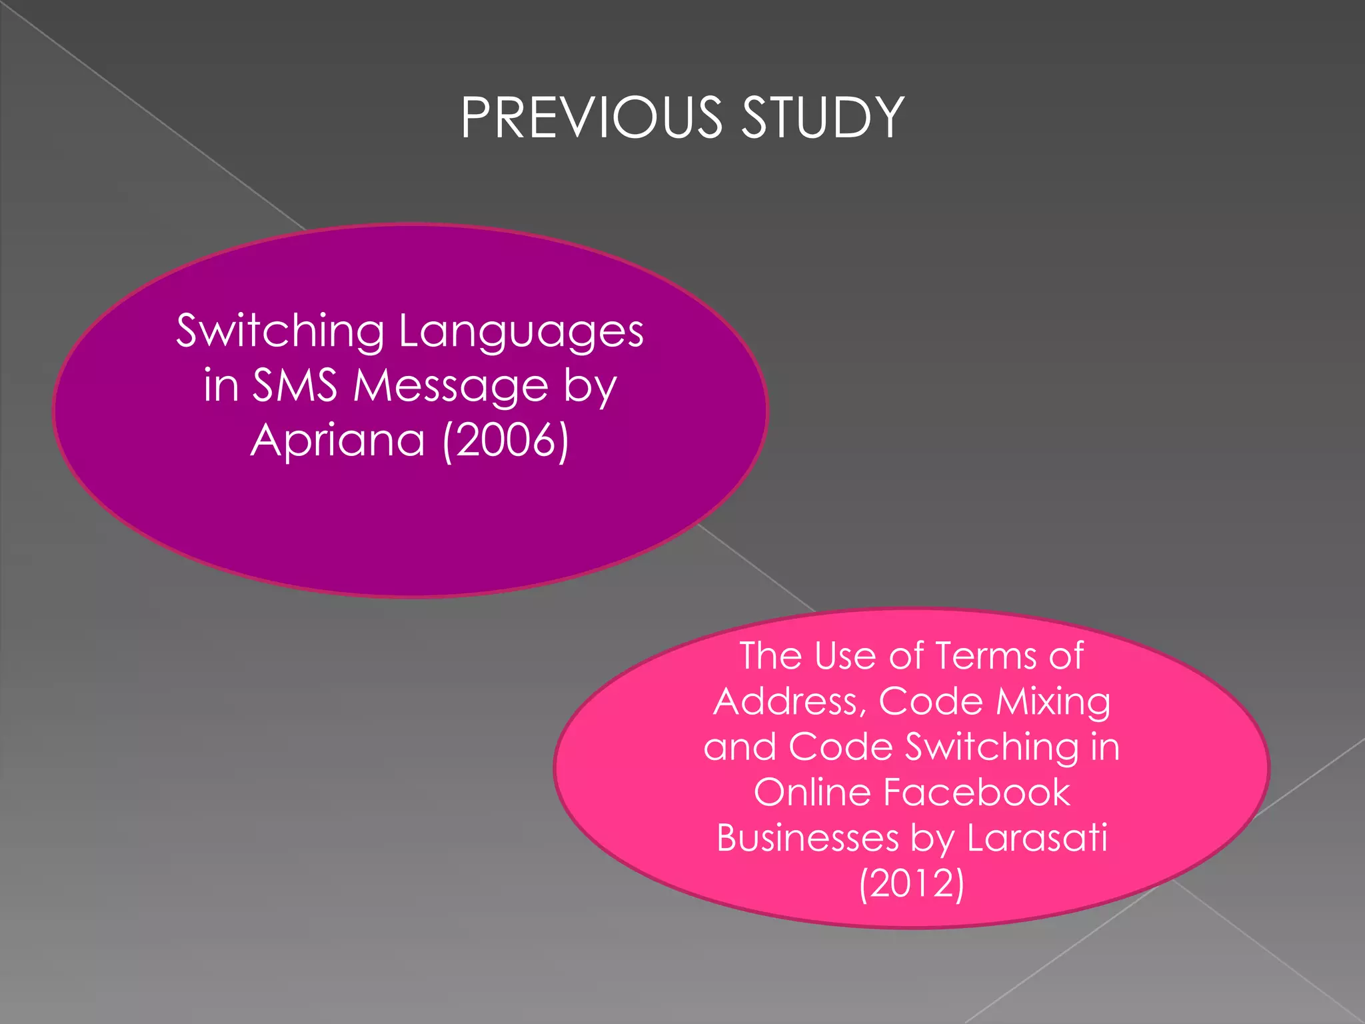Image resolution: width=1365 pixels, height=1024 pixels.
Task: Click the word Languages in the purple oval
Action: tap(521, 331)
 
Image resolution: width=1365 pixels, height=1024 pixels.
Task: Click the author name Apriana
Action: tap(337, 440)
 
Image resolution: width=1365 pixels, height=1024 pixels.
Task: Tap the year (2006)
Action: tap(506, 440)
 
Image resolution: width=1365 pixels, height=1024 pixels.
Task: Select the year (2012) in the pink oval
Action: tap(911, 884)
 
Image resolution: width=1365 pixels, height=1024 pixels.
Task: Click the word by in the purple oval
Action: tap(590, 387)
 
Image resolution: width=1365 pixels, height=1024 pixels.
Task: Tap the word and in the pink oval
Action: tap(739, 747)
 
